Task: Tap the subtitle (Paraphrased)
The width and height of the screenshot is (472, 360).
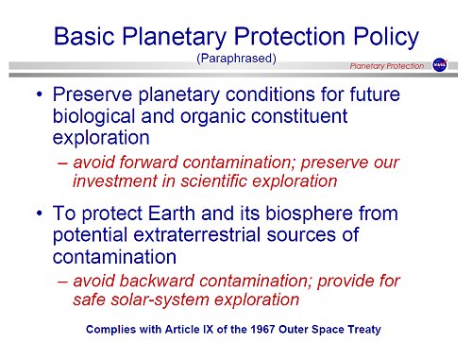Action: click(x=235, y=59)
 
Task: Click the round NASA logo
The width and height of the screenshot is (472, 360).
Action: click(x=440, y=65)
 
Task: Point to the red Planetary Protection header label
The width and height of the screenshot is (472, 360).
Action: click(x=387, y=65)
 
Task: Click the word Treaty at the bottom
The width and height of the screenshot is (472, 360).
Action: click(x=367, y=330)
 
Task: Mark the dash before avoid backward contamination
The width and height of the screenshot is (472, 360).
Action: click(x=61, y=281)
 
